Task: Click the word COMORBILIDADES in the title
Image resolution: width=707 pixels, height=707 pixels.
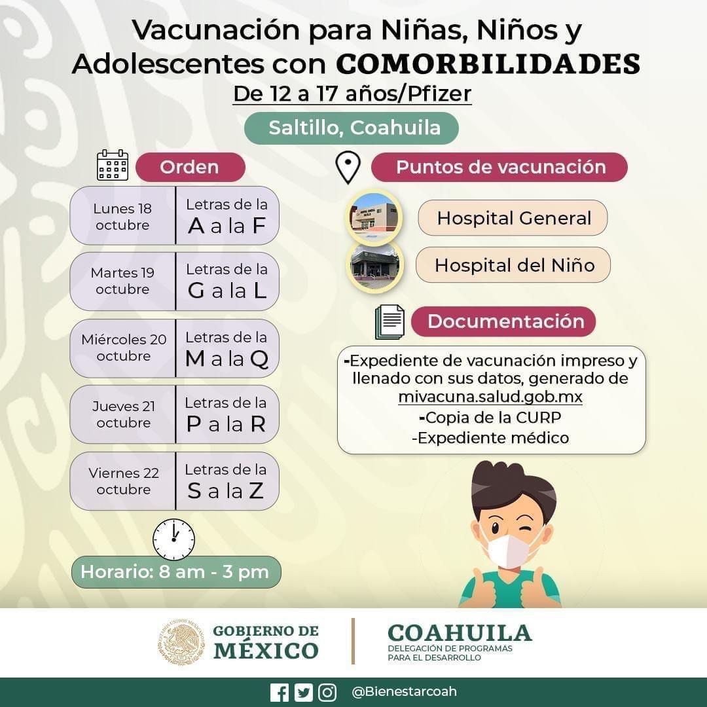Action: [x=488, y=64]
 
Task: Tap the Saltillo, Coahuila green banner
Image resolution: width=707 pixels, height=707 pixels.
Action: [x=352, y=128]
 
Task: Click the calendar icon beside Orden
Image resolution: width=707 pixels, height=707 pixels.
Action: [x=113, y=166]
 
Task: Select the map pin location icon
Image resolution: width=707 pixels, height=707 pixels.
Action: [x=348, y=168]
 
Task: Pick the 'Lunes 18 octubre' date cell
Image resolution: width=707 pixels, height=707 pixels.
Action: [x=122, y=216]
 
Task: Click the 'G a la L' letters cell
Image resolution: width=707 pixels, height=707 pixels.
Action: [x=227, y=281]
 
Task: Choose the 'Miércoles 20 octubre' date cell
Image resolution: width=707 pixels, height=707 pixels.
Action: [x=123, y=348]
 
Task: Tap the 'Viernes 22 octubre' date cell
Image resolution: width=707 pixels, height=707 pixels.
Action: [x=123, y=481]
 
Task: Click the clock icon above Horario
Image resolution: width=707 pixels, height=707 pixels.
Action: [x=173, y=539]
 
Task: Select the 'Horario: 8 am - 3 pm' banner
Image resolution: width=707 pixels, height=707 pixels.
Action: [x=175, y=572]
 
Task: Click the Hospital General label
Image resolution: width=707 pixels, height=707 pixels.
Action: [x=513, y=218]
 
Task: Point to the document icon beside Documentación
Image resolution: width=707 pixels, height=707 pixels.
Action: [x=390, y=321]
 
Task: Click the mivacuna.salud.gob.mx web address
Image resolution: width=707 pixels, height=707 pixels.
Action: [x=490, y=397]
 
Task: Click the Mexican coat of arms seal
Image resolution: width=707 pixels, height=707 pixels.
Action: [x=181, y=642]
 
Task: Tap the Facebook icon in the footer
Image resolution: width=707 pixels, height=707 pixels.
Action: [x=280, y=693]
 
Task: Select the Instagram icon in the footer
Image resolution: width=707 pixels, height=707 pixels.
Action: [x=327, y=693]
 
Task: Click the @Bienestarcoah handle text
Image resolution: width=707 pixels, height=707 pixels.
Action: [x=405, y=692]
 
